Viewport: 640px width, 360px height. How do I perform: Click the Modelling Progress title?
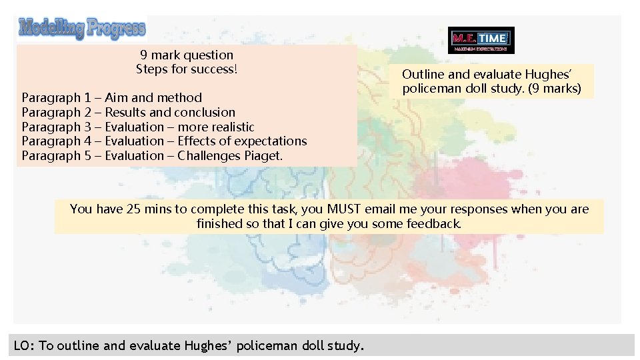[82, 28]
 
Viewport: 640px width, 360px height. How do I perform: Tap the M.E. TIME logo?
[481, 40]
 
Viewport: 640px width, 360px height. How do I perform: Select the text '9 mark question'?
[187, 55]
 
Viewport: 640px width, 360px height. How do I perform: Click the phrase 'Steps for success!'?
[187, 69]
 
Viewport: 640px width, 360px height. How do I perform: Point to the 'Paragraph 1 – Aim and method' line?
[111, 97]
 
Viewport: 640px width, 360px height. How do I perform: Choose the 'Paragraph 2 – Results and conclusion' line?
[128, 112]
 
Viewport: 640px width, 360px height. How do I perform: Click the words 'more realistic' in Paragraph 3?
[216, 127]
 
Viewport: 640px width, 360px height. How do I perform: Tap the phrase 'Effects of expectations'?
[242, 141]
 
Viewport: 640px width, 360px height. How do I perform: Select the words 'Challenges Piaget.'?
[230, 155]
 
